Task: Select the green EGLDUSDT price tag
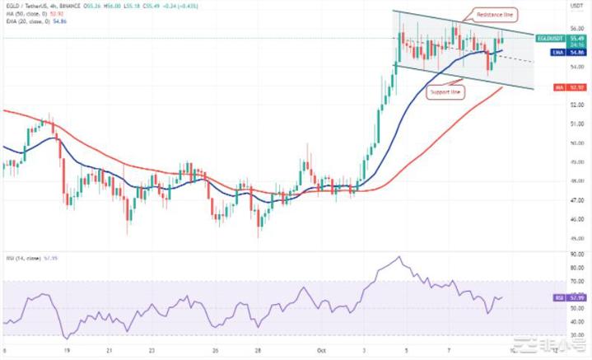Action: pos(550,38)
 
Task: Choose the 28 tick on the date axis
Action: pos(259,350)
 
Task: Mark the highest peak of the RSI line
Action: pos(399,258)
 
